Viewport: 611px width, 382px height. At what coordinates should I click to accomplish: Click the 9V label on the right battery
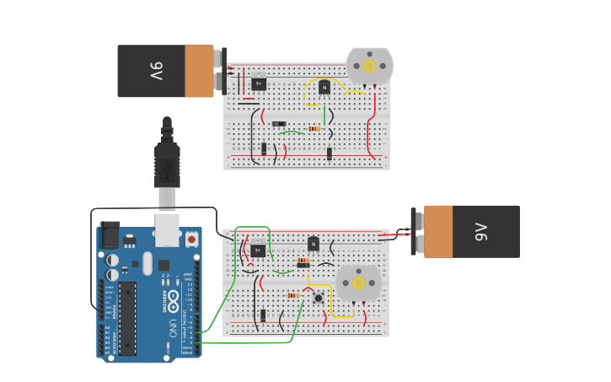pyautogui.click(x=480, y=231)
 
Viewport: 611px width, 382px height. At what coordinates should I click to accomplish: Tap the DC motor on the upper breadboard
pyautogui.click(x=369, y=67)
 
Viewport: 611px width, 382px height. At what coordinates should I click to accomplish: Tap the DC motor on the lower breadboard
pyautogui.click(x=358, y=282)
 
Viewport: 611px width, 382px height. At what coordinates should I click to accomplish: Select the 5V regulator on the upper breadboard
pyautogui.click(x=259, y=83)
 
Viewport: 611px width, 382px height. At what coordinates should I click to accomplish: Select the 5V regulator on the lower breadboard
pyautogui.click(x=258, y=250)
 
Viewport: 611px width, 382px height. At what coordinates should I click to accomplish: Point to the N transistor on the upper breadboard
pyautogui.click(x=324, y=87)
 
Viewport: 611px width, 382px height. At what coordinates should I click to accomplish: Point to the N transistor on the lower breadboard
pyautogui.click(x=314, y=244)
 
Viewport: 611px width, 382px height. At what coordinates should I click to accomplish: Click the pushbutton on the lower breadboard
pyautogui.click(x=318, y=298)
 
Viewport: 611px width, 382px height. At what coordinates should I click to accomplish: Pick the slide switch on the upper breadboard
pyautogui.click(x=278, y=124)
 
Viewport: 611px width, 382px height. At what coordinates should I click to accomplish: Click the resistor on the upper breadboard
pyautogui.click(x=314, y=129)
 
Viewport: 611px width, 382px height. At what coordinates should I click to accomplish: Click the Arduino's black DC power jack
pyautogui.click(x=110, y=235)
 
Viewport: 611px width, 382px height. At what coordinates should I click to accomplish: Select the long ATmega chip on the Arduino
pyautogui.click(x=127, y=317)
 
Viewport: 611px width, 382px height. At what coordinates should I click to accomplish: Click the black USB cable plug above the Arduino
pyautogui.click(x=167, y=165)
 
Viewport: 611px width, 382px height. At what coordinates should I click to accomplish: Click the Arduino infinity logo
pyautogui.click(x=174, y=298)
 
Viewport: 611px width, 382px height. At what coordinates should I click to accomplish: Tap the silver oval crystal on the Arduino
pyautogui.click(x=147, y=264)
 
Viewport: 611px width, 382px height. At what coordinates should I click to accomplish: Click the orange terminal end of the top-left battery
pyautogui.click(x=200, y=71)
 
